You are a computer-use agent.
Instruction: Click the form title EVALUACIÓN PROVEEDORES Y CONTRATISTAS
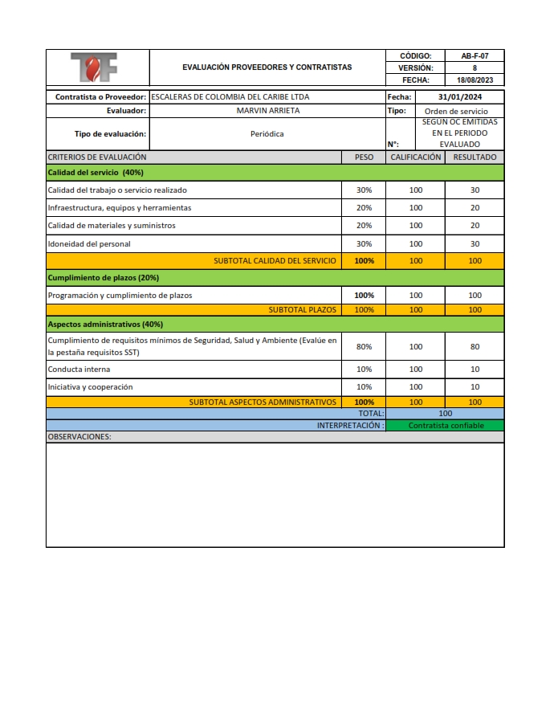[267, 67]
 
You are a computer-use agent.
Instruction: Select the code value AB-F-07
[475, 56]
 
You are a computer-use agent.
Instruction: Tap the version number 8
[475, 68]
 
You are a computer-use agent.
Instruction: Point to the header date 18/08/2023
[475, 80]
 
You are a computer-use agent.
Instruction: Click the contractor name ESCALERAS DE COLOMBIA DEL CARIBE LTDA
[230, 97]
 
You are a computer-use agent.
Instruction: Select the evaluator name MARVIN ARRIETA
[268, 111]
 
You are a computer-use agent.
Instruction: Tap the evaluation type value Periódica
[267, 134]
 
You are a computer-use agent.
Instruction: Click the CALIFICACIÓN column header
[415, 157]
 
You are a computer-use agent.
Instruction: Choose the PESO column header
[364, 157]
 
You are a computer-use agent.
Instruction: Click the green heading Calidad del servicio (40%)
[96, 173]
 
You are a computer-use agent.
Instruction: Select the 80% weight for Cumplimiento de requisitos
[364, 347]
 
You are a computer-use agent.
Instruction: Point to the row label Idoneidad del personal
[89, 243]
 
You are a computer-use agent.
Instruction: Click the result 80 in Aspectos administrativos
[475, 347]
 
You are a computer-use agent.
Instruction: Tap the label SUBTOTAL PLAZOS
[303, 309]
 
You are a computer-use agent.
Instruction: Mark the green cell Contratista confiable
[446, 426]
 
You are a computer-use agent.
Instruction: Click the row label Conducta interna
[79, 370]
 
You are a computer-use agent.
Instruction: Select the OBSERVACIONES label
[79, 437]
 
